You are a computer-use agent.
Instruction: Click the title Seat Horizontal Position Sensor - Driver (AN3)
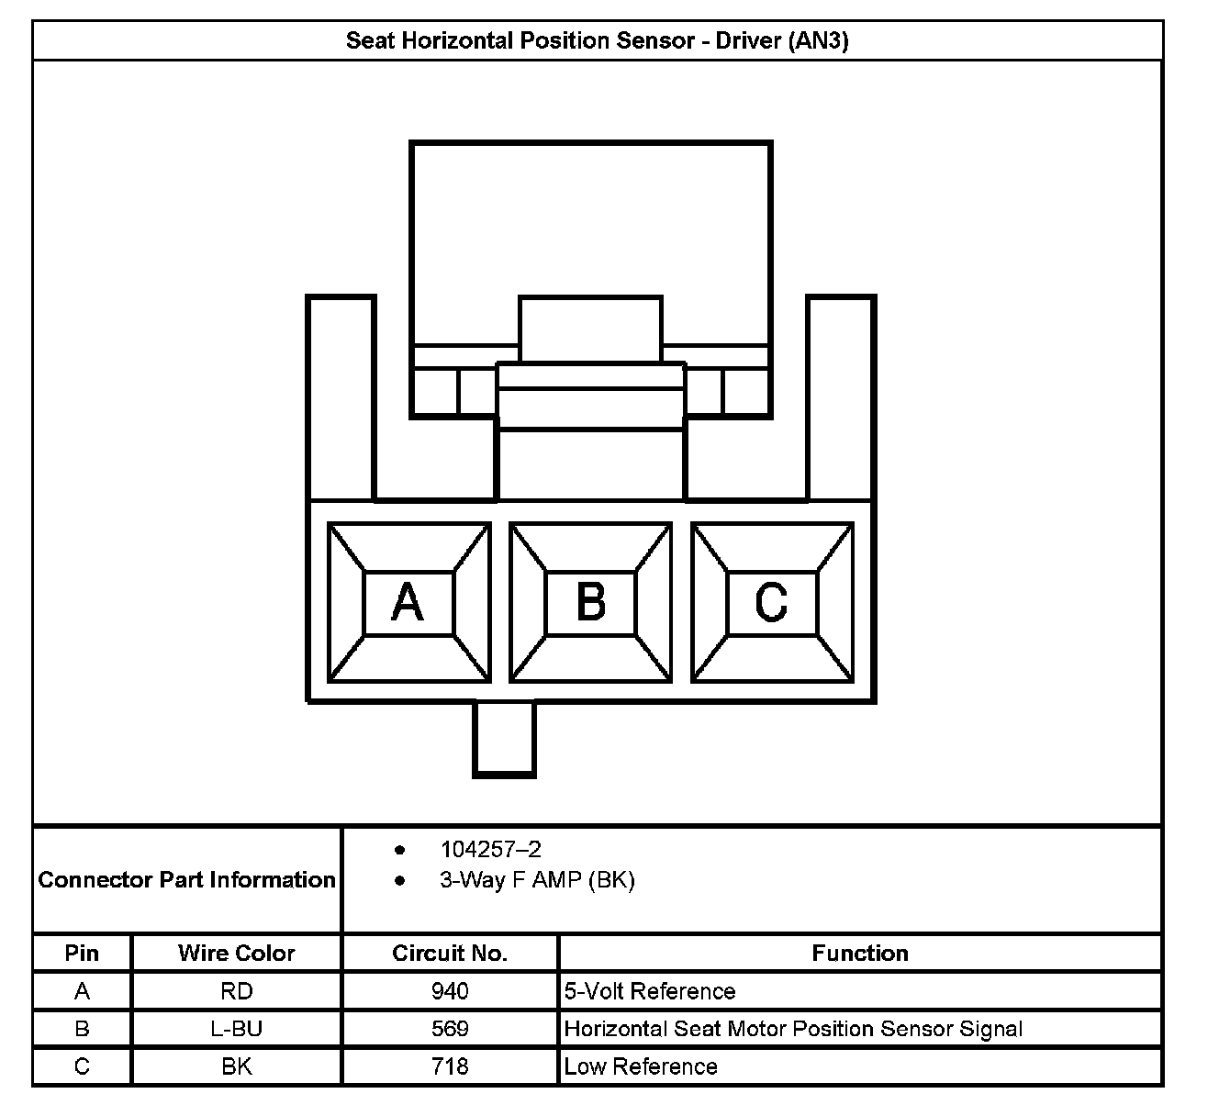coord(597,41)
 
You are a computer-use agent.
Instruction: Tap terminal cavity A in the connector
coord(408,602)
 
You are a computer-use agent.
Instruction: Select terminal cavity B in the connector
coord(590,602)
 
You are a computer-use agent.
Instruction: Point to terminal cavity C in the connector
coord(771,602)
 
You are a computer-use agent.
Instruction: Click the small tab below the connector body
coord(504,739)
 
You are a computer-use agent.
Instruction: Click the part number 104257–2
coord(490,850)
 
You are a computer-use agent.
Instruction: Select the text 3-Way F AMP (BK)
coord(537,881)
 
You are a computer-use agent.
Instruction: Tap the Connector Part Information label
coord(187,880)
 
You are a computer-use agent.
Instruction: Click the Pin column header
coord(82,954)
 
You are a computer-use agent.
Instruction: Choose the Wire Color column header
coord(237,954)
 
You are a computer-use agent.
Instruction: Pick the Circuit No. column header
coord(450,954)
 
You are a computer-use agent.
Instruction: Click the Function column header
coord(860,954)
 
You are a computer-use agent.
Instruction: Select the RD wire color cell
coord(237,991)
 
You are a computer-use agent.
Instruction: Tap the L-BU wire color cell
coord(237,1029)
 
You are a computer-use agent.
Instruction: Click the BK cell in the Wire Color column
coord(237,1066)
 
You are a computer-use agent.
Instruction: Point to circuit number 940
coord(450,991)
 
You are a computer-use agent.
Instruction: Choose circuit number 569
coord(450,1029)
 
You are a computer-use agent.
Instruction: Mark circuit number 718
coord(450,1066)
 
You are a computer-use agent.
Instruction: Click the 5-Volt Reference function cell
coord(650,991)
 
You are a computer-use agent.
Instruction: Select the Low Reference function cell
coord(641,1066)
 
